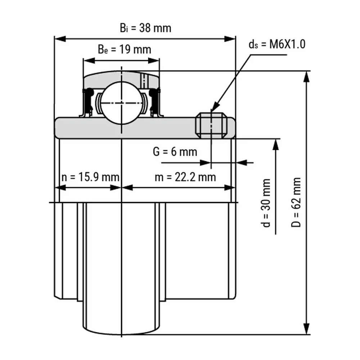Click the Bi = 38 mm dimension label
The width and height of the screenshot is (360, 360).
[145, 28]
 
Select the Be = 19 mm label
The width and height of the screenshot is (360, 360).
[125, 49]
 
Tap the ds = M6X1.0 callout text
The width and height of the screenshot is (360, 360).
[277, 44]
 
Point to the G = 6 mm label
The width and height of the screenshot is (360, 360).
[175, 152]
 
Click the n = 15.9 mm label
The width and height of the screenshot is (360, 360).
[90, 177]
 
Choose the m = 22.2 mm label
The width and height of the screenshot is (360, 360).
[185, 177]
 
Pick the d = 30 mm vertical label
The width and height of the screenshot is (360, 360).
[266, 203]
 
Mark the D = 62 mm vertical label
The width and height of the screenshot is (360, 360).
[296, 202]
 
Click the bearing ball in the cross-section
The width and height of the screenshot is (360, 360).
[122, 103]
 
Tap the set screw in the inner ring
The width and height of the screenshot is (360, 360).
[211, 125]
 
